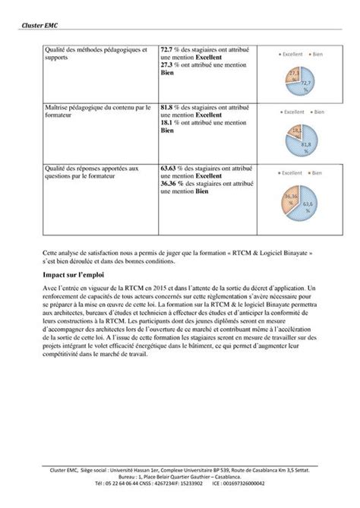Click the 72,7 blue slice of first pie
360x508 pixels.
pos(305,84)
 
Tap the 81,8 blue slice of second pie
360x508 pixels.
pos(304,142)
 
